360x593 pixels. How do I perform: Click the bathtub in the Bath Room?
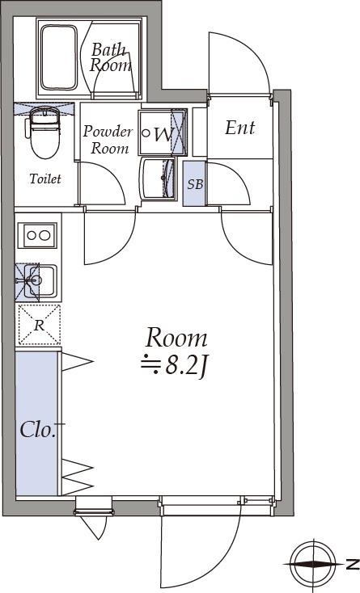click(x=59, y=57)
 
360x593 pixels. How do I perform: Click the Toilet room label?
click(x=45, y=179)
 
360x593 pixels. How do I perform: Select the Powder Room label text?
click(x=108, y=140)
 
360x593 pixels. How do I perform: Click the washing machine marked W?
click(x=163, y=132)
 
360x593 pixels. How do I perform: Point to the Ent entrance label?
click(x=240, y=128)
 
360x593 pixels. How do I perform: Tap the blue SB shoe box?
click(x=195, y=184)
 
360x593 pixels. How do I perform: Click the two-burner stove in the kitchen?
click(x=38, y=235)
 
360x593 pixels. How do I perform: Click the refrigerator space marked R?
click(x=39, y=326)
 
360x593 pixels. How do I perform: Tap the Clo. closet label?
click(x=38, y=430)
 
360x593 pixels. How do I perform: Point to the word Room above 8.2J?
click(x=176, y=338)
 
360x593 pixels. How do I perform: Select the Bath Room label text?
click(x=111, y=57)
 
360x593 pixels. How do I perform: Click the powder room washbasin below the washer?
click(x=158, y=178)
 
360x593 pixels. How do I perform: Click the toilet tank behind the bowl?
click(x=45, y=114)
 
